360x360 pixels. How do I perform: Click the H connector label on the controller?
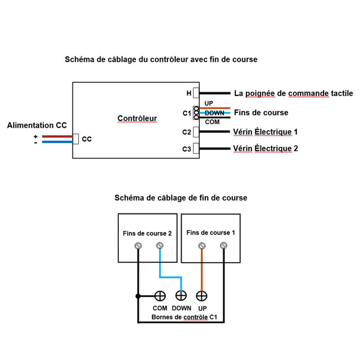[x=188, y=94]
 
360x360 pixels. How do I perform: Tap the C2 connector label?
[x=187, y=132]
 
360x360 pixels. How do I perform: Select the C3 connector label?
[x=187, y=149]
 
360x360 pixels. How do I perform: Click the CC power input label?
[x=86, y=139]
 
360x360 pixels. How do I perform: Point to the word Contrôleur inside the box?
[x=137, y=118]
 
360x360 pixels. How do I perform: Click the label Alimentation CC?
[x=37, y=125]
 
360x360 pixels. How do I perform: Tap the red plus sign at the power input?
[x=35, y=136]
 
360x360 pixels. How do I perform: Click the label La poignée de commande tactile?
[x=293, y=94]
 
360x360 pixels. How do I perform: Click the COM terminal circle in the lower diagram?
[x=160, y=296]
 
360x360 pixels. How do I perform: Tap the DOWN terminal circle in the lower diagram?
[x=181, y=296]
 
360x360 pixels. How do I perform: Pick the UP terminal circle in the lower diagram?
[x=202, y=296]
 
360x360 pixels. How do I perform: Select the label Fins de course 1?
[x=211, y=232]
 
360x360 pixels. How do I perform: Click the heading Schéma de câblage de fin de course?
[x=180, y=197]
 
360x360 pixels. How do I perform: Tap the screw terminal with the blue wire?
[x=160, y=245]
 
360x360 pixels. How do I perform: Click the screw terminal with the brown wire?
[x=202, y=245]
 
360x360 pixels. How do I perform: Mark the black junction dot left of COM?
[x=139, y=296]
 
